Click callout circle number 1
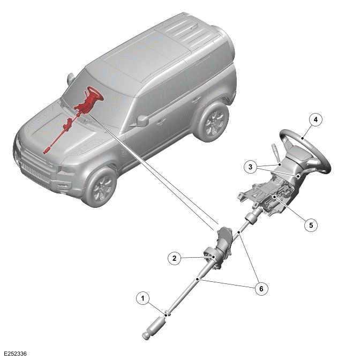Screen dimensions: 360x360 pyautogui.click(x=143, y=298)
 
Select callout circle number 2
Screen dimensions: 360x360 pyautogui.click(x=175, y=258)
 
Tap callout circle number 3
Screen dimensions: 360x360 pyautogui.click(x=250, y=167)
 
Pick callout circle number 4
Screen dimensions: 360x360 pyautogui.click(x=316, y=119)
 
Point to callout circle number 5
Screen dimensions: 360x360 pyautogui.click(x=311, y=225)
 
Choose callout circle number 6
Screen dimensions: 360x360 pyautogui.click(x=261, y=289)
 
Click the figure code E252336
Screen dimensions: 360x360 pyautogui.click(x=15, y=354)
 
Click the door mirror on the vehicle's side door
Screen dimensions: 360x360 pyautogui.click(x=142, y=121)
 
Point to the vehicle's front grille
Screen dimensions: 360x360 pyautogui.click(x=35, y=170)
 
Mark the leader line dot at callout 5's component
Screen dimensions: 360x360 pyautogui.click(x=274, y=196)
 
